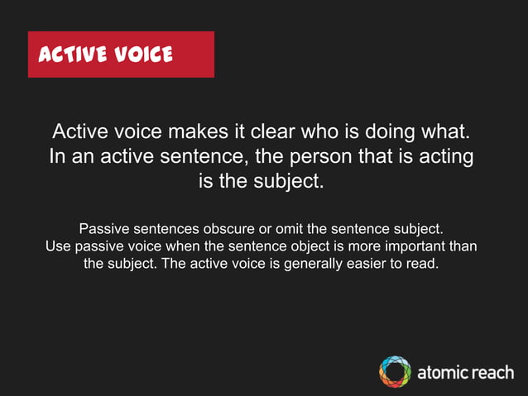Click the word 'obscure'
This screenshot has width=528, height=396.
click(x=218, y=228)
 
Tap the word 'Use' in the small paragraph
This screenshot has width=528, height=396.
click(x=58, y=246)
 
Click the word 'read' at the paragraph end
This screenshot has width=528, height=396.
click(x=422, y=265)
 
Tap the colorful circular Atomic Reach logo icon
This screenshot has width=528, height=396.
click(x=395, y=371)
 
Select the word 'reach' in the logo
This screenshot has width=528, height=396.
click(x=493, y=372)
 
